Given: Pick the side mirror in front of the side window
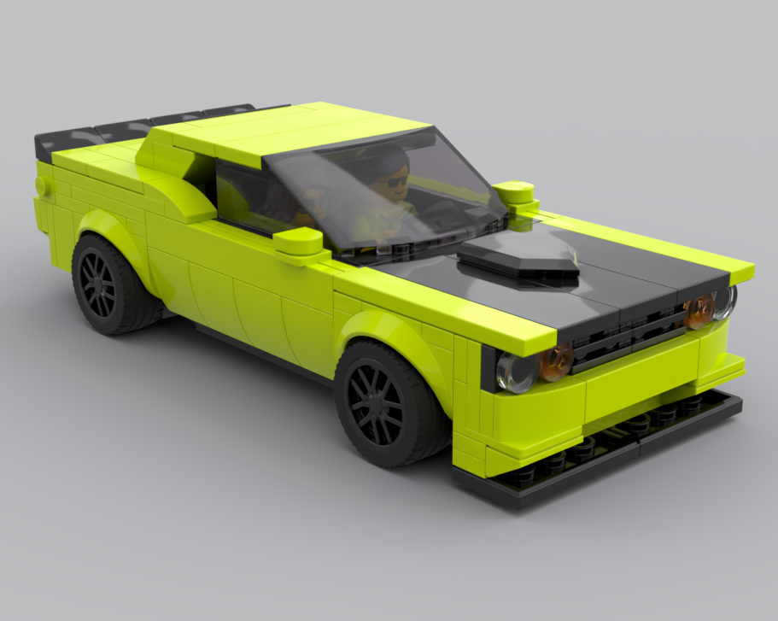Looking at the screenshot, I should pyautogui.click(x=300, y=243).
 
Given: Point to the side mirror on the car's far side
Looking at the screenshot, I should pyautogui.click(x=514, y=194).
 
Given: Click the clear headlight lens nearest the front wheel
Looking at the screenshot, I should pyautogui.click(x=517, y=372).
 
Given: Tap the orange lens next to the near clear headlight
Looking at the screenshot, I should pyautogui.click(x=556, y=361).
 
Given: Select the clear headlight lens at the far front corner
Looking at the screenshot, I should pyautogui.click(x=724, y=301).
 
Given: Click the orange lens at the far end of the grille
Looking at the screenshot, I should pyautogui.click(x=699, y=312).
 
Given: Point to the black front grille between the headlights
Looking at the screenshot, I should pyautogui.click(x=628, y=337).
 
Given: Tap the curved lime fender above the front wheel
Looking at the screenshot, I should pyautogui.click(x=384, y=329).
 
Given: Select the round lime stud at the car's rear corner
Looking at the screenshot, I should pyautogui.click(x=40, y=185).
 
